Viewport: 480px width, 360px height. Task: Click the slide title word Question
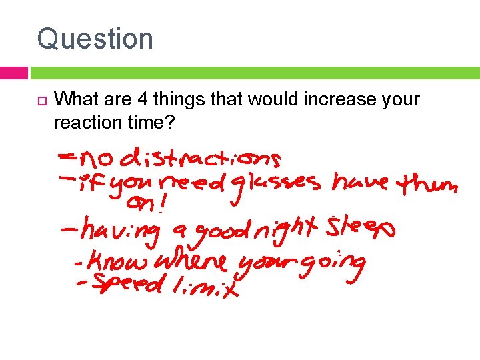[x=95, y=39]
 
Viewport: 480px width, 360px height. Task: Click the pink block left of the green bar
[x=14, y=73]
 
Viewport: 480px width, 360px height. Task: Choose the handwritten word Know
[x=117, y=261]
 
